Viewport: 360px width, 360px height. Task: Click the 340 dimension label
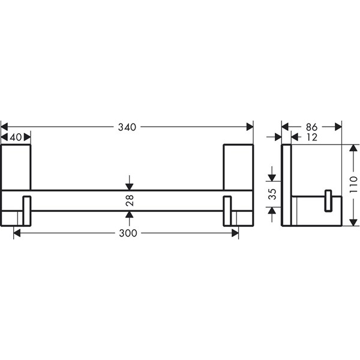pos(127,127)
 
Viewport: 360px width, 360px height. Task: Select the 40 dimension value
pos(16,137)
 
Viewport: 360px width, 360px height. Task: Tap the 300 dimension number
pos(128,233)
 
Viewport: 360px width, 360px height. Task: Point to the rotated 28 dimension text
pos(130,200)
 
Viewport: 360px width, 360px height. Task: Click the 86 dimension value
pos(312,127)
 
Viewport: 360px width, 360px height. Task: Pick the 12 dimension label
pos(312,137)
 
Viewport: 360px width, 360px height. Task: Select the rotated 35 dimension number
pos(272,194)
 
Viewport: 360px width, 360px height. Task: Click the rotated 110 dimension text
pos(353,184)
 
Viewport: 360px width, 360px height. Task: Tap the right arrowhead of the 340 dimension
pos(250,127)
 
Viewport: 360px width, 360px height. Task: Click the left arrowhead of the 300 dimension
pos(17,233)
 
